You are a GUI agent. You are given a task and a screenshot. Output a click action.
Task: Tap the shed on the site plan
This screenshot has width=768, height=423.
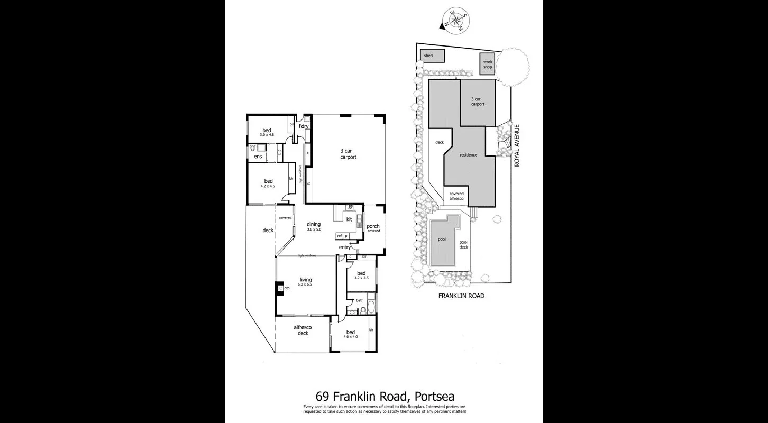[x=432, y=56]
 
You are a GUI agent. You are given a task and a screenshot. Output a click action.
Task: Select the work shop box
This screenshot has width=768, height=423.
[x=488, y=65]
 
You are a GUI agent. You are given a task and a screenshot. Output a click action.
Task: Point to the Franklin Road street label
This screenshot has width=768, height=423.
[x=461, y=296]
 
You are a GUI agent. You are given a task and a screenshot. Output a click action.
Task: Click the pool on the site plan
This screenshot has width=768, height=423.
[x=442, y=239]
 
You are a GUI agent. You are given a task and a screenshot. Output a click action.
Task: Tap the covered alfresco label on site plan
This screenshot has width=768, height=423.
[x=456, y=196]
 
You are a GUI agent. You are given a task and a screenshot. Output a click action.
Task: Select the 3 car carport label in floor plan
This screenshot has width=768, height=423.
[x=348, y=154]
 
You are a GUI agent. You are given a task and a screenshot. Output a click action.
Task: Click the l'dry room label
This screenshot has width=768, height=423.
[x=304, y=126]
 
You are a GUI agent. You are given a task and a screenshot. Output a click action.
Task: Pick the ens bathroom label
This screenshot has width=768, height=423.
[x=258, y=157]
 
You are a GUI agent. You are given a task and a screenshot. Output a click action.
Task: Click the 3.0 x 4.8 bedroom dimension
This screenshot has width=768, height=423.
[x=268, y=135]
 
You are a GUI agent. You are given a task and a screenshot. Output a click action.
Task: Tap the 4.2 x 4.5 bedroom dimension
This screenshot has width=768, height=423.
[x=269, y=186]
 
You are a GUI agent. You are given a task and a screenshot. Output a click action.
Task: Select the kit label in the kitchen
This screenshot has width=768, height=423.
[x=349, y=219]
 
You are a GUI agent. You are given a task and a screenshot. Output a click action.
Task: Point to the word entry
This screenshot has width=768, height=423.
[x=345, y=247]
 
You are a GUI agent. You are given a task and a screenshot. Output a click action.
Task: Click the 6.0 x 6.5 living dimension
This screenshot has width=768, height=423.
[x=306, y=285]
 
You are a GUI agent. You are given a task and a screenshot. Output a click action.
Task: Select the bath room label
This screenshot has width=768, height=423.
[x=360, y=300]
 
